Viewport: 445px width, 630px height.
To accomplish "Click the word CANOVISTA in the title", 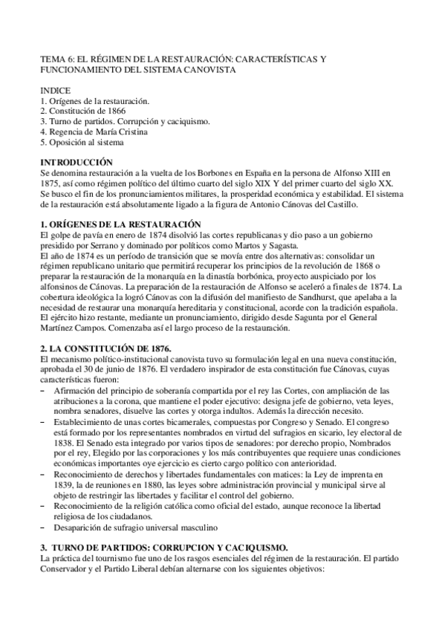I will pos(211,69).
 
